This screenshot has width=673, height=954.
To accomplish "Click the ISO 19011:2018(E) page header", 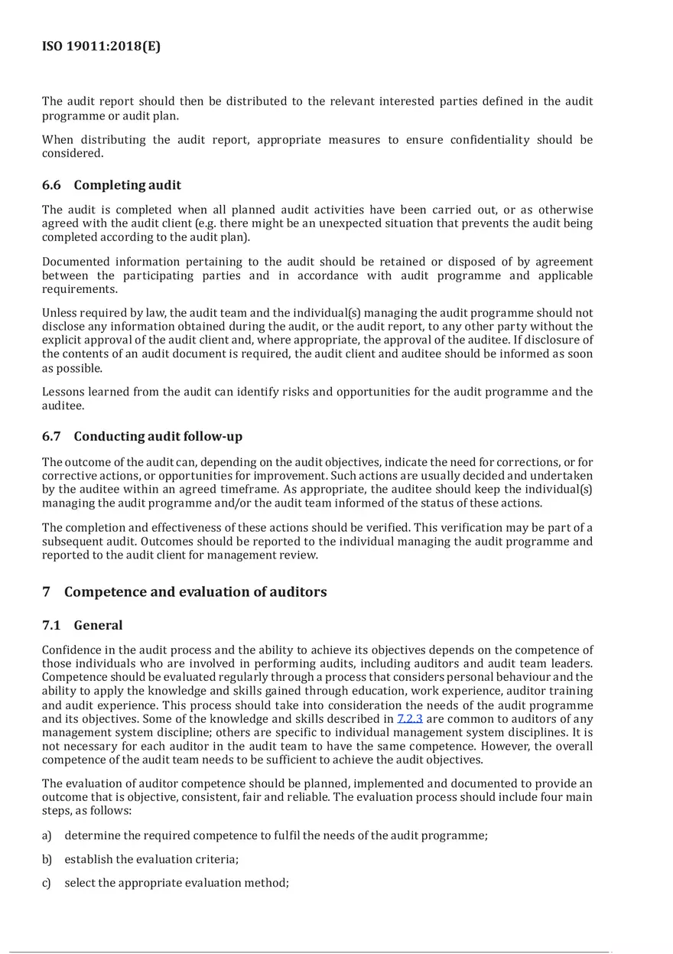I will coord(101,47).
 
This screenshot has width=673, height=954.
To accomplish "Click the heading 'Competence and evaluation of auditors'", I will coord(195,591).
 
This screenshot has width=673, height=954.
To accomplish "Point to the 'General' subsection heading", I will coord(98,625).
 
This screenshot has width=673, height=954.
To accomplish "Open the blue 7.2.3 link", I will coord(410,719).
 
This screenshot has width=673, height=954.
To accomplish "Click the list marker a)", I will coord(47,835).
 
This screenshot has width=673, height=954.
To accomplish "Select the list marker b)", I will coord(47,859).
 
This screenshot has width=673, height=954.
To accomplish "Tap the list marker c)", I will coord(47,883).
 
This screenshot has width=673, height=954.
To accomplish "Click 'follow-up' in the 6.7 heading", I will coord(213,436).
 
